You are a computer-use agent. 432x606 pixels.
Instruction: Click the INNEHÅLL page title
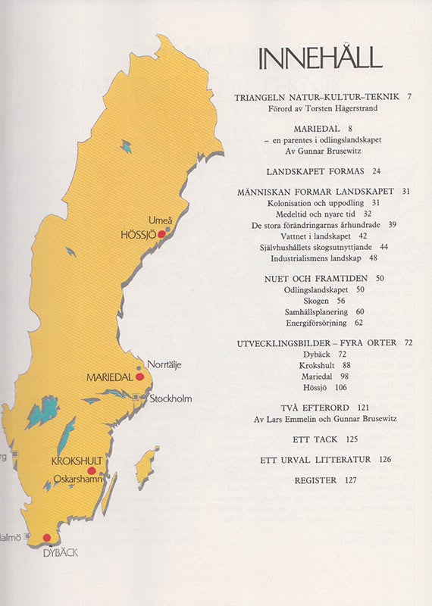[x=319, y=58]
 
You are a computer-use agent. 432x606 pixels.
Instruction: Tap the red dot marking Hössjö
[x=161, y=235]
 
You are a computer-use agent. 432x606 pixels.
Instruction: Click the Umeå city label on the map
[x=157, y=220]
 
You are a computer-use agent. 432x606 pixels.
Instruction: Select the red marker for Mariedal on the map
[x=139, y=376]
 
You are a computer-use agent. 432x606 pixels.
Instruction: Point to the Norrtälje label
[x=164, y=364]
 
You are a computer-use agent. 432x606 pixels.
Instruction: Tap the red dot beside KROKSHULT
[x=92, y=470]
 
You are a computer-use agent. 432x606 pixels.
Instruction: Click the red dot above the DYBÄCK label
[x=47, y=537]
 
